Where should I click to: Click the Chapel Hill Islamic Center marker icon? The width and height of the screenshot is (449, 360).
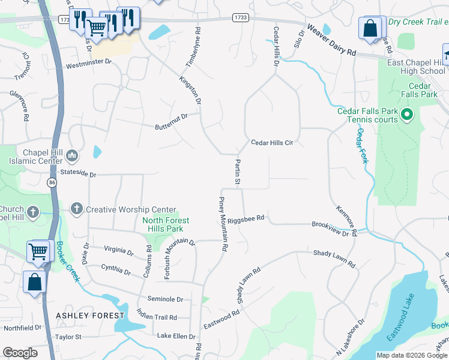pyautogui.click(x=72, y=156)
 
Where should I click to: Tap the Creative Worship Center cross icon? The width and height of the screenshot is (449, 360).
pyautogui.click(x=76, y=209)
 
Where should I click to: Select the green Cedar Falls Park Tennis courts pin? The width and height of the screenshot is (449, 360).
pyautogui.click(x=406, y=113)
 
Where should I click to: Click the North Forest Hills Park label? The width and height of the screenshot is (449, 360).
pyautogui.click(x=166, y=224)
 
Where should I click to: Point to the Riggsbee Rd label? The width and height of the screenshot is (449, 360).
pyautogui.click(x=246, y=218)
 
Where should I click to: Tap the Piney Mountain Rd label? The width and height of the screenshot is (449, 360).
pyautogui.click(x=223, y=223)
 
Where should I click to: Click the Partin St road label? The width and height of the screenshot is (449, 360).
pyautogui.click(x=238, y=172)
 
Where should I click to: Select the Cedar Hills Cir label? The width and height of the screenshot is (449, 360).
pyautogui.click(x=271, y=143)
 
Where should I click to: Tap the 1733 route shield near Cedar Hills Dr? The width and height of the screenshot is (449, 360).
pyautogui.click(x=241, y=19)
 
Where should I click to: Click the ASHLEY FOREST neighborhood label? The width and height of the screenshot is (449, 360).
pyautogui.click(x=90, y=315)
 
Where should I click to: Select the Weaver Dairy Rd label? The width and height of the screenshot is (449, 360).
pyautogui.click(x=331, y=40)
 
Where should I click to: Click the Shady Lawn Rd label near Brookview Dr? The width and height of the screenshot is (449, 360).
pyautogui.click(x=334, y=259)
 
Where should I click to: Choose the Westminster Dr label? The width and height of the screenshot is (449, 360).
pyautogui.click(x=89, y=62)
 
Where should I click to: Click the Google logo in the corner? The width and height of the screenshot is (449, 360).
pyautogui.click(x=20, y=353)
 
